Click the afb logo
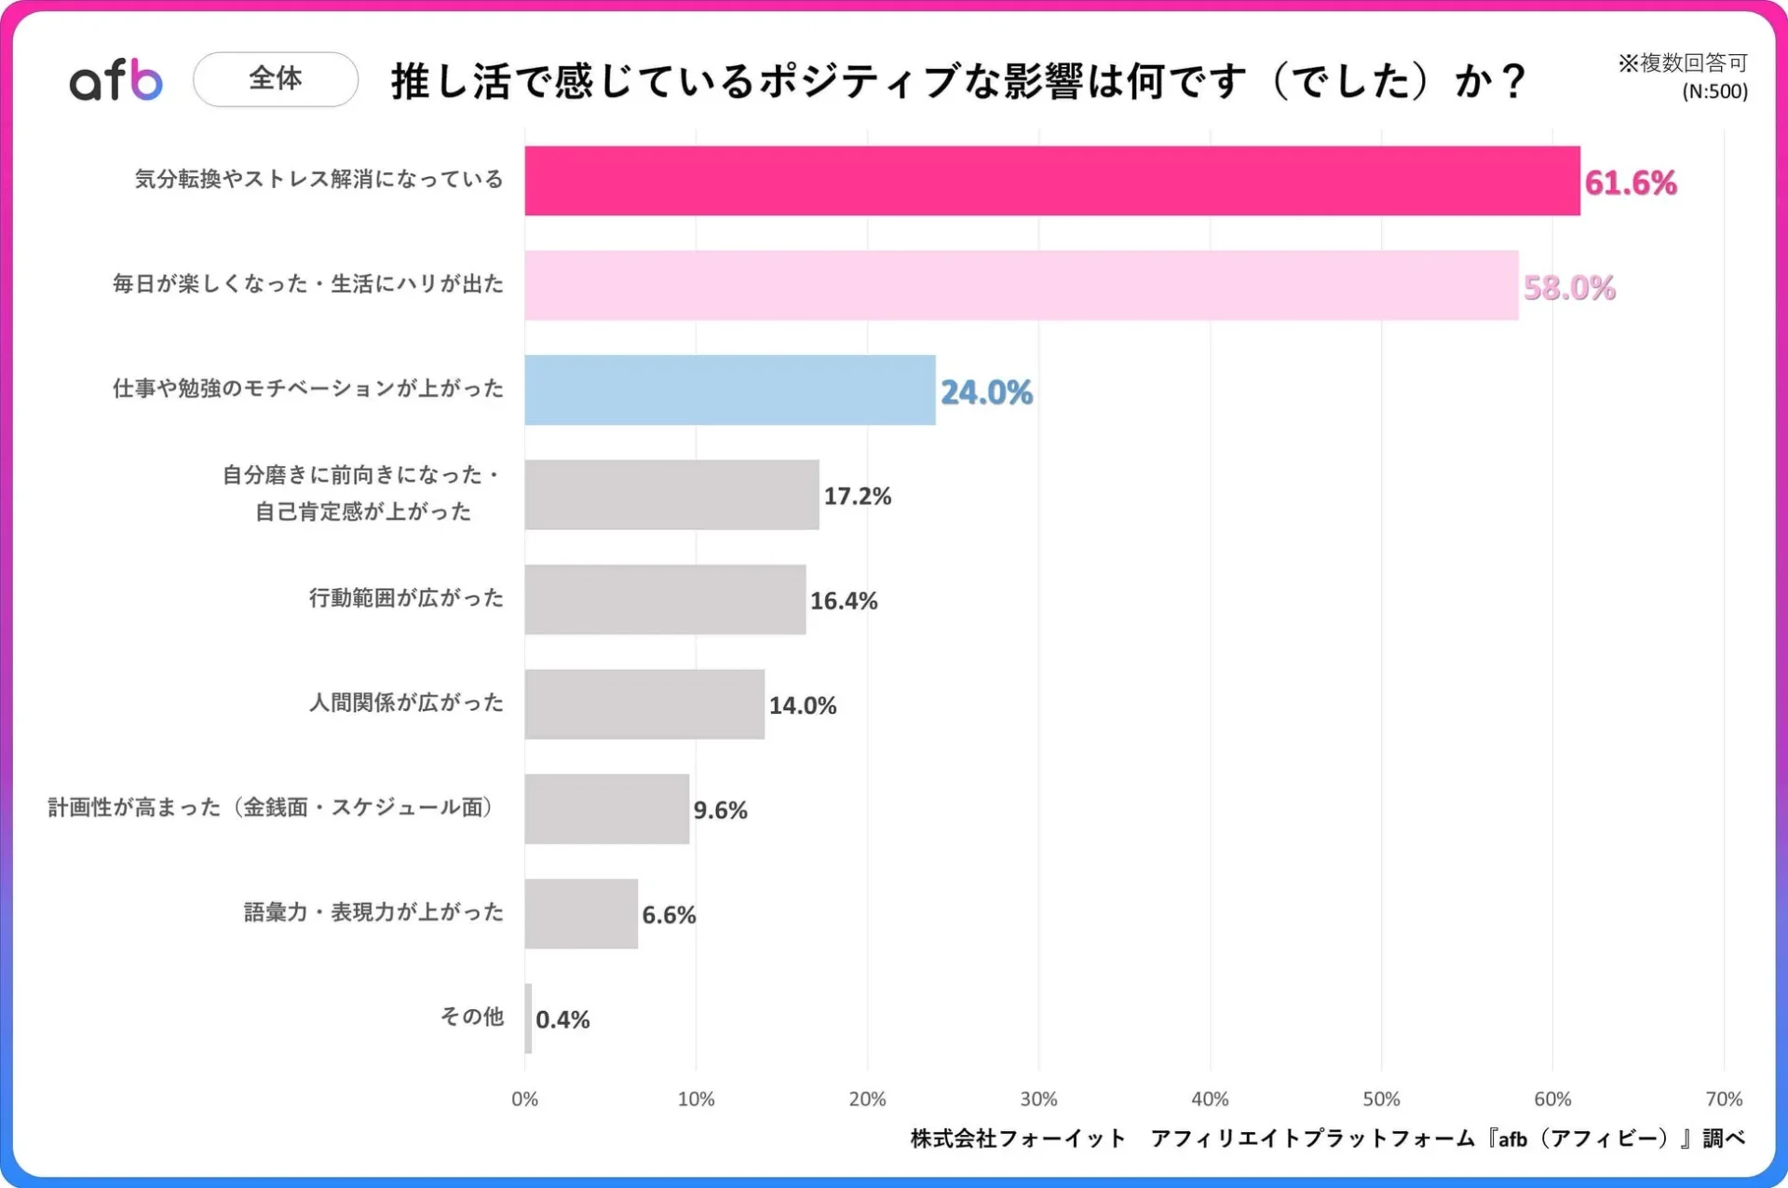(116, 80)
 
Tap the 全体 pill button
(276, 79)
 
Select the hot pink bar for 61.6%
(1051, 181)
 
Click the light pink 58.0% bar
(1021, 285)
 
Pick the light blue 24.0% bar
(729, 390)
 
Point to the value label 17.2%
(857, 496)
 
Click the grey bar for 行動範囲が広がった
(665, 599)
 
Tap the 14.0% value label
(802, 705)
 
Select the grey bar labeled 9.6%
(606, 809)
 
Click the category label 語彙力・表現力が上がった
(373, 912)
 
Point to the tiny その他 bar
(528, 1018)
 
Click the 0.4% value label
(562, 1019)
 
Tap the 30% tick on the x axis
(1038, 1099)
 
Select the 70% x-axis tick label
(1723, 1099)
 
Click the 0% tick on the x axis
(524, 1099)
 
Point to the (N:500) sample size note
(1714, 91)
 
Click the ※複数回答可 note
(1682, 62)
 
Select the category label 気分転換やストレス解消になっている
(318, 179)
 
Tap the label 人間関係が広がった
(406, 703)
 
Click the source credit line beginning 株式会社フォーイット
(1327, 1138)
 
